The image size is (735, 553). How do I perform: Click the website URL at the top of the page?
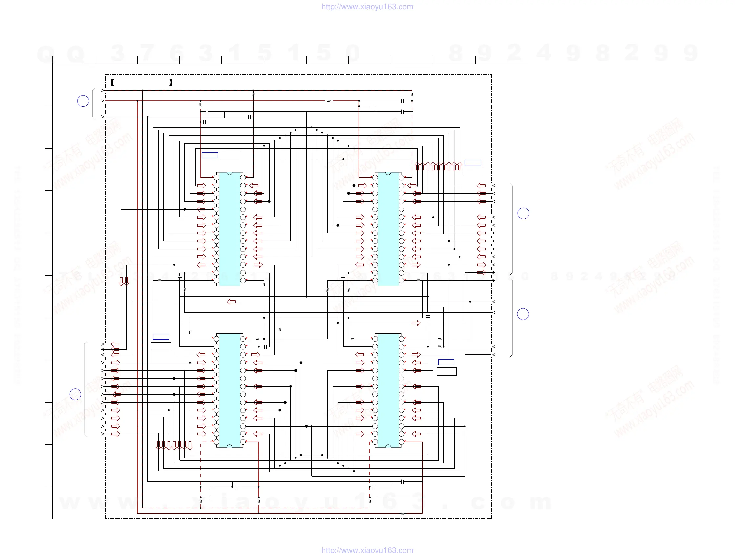point(367,7)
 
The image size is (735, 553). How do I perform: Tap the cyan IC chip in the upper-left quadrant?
point(229,229)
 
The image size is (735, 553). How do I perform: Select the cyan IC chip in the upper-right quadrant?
point(388,229)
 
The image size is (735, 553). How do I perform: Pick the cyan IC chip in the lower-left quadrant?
point(229,390)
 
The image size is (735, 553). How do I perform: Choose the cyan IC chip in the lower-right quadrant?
point(388,390)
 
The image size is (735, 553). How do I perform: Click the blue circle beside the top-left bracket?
point(83,101)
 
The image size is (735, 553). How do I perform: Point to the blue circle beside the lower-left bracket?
point(76,394)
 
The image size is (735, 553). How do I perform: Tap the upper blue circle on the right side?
point(523,213)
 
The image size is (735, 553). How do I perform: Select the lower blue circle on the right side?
point(523,314)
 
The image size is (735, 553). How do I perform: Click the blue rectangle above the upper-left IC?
point(210,155)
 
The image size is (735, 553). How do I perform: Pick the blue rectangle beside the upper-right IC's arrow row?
point(472,162)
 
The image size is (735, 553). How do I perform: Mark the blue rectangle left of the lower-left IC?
point(161,337)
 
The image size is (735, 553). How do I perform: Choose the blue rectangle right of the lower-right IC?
point(446,362)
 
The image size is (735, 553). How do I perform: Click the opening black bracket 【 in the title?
point(113,83)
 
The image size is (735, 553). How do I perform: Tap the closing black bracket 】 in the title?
point(171,83)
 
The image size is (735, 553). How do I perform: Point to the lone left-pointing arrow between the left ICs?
point(231,302)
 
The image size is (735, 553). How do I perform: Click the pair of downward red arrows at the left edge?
point(124,281)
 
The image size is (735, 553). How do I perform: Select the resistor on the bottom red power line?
point(403,514)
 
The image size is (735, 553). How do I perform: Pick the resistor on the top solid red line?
point(329,101)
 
